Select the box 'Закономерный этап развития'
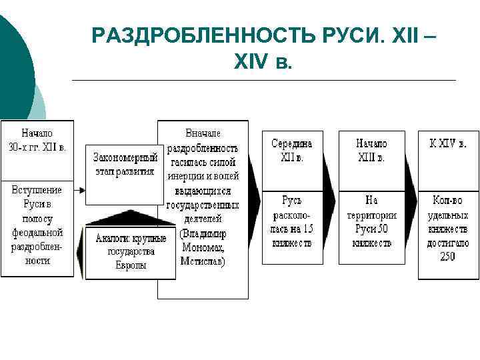pyautogui.click(x=125, y=164)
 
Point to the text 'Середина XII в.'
pyautogui.click(x=292, y=151)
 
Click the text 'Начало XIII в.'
pyautogui.click(x=371, y=151)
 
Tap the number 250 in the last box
pyautogui.click(x=448, y=257)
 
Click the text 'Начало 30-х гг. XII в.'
pyautogui.click(x=37, y=140)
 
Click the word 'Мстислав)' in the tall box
pyautogui.click(x=203, y=261)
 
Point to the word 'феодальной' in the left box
pyautogui.click(x=37, y=233)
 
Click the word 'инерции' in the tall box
pyautogui.click(x=188, y=176)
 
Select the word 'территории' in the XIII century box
pyautogui.click(x=371, y=215)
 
